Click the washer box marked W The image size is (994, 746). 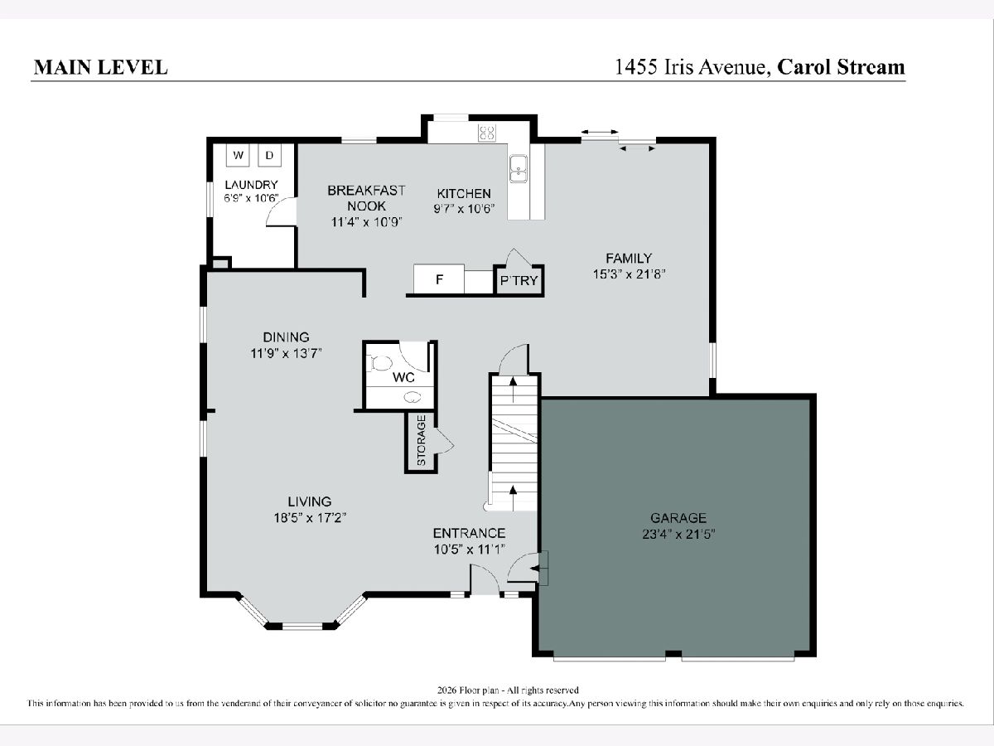point(238,155)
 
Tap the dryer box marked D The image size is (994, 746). point(269,155)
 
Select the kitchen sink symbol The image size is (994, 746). point(518,168)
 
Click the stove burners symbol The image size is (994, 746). point(487,133)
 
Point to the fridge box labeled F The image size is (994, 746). point(439,279)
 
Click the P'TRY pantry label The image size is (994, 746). point(519,281)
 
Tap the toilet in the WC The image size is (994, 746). point(381,363)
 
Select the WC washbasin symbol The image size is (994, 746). point(413,397)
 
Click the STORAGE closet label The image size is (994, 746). point(421,440)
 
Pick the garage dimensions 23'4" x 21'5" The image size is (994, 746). point(678,535)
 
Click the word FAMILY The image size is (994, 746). point(629,258)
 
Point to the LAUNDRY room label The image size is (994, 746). point(251,185)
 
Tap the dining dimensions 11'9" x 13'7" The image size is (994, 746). point(287,353)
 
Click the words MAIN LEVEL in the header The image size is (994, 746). point(101,67)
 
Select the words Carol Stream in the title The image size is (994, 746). point(841,67)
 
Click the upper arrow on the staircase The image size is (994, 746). point(513,389)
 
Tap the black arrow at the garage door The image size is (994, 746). point(534,569)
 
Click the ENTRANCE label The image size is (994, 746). point(469,533)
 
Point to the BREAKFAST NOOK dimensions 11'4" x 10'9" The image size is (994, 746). point(367,222)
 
